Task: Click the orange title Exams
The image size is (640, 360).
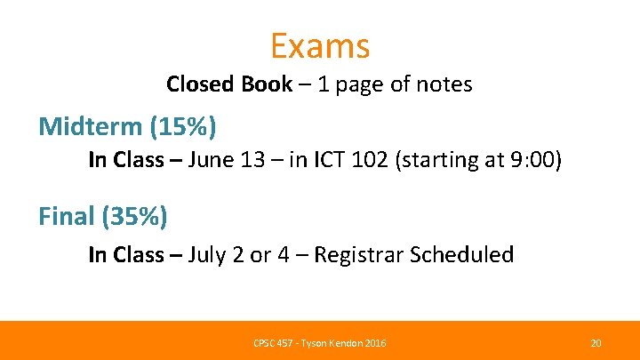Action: (320, 44)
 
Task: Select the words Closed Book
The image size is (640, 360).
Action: (228, 84)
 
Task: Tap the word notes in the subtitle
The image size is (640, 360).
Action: (443, 84)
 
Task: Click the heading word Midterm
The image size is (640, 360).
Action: (89, 126)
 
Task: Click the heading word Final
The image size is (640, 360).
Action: (66, 214)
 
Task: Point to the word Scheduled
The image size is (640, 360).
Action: (463, 254)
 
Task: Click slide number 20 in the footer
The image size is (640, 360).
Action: (596, 342)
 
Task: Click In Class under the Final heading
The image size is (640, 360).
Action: (126, 254)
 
